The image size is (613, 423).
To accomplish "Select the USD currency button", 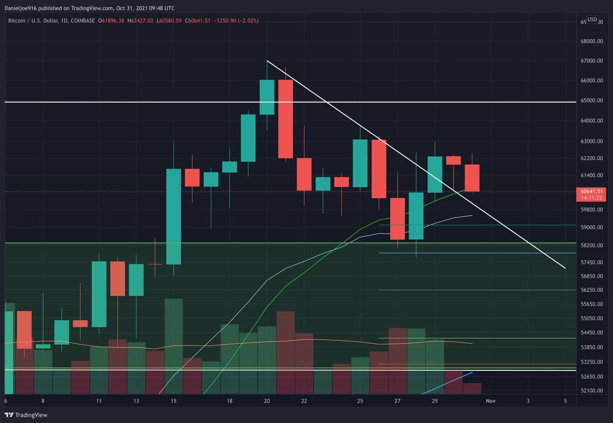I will click(592, 20).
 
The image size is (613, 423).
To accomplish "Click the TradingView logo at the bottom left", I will click(26, 415).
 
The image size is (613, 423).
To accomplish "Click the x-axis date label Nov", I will click(490, 400).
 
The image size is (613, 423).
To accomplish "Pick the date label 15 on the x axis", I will click(173, 400).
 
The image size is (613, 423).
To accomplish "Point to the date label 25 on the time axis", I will click(360, 400).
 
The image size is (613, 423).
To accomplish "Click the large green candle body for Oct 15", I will click(173, 216).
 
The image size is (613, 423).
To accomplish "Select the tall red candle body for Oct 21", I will click(285, 119).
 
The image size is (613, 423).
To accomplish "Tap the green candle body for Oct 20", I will click(267, 97).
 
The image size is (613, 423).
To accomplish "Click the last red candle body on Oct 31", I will click(472, 178).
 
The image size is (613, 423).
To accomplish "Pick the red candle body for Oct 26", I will click(379, 169).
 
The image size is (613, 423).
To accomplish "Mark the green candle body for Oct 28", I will click(416, 216).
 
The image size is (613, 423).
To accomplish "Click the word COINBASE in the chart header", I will click(82, 21).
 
